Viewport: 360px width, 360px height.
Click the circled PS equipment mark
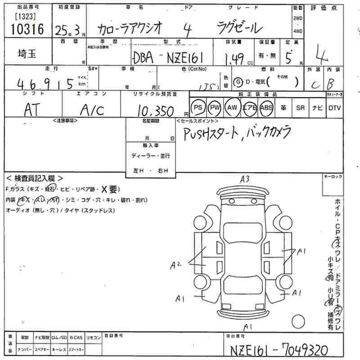[198, 108]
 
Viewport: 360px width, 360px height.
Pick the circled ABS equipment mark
[267, 108]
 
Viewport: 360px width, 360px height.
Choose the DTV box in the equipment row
[334, 108]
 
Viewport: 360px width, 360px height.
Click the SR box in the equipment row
[300, 108]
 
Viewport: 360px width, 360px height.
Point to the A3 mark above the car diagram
[245, 179]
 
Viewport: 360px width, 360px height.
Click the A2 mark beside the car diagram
[175, 266]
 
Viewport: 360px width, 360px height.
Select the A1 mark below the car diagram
[247, 326]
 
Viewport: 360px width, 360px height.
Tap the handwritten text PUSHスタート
[210, 133]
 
